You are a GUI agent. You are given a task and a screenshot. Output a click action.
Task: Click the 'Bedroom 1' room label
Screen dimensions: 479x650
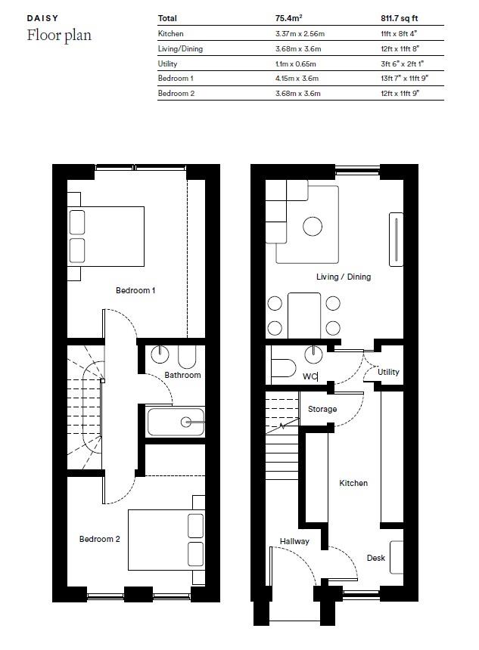[x=135, y=290]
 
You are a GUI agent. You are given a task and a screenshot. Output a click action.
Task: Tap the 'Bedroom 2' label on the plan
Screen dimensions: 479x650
[x=100, y=539]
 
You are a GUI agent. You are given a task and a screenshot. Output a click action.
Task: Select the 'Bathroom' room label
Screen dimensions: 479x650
[x=182, y=375]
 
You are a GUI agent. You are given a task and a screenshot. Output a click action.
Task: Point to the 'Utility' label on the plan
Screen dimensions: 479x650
[x=388, y=372]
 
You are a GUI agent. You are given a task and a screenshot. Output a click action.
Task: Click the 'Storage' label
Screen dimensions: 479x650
[x=322, y=409]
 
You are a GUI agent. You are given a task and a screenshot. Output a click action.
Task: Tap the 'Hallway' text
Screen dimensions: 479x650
[x=294, y=541]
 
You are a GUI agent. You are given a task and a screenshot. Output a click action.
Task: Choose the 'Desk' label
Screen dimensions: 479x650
[x=375, y=558]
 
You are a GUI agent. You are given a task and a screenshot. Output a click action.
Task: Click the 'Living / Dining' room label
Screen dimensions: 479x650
[x=344, y=277]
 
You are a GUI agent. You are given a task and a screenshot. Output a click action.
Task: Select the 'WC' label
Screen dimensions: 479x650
[x=309, y=376]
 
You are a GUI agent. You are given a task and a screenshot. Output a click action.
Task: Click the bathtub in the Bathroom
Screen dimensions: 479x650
[x=176, y=422]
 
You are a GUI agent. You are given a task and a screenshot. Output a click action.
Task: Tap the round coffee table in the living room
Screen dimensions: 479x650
[x=313, y=226]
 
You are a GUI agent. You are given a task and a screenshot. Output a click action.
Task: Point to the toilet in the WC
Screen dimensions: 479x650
[x=284, y=368]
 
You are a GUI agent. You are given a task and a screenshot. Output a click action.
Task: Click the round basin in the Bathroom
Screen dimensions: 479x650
[x=160, y=354]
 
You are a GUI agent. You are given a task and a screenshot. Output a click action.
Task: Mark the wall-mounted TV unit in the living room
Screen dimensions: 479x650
[x=396, y=240]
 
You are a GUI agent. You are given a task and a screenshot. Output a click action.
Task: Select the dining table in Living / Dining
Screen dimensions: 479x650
[x=304, y=316]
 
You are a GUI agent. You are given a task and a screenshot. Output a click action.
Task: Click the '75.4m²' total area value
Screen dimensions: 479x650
[x=288, y=18]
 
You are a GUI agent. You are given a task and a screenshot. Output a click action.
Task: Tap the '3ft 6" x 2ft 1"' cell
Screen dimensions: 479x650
[x=402, y=63]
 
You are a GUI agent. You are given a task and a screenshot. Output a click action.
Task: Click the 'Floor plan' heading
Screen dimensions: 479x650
[x=59, y=36]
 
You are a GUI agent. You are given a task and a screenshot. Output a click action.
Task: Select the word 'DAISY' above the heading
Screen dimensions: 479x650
[x=42, y=18]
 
